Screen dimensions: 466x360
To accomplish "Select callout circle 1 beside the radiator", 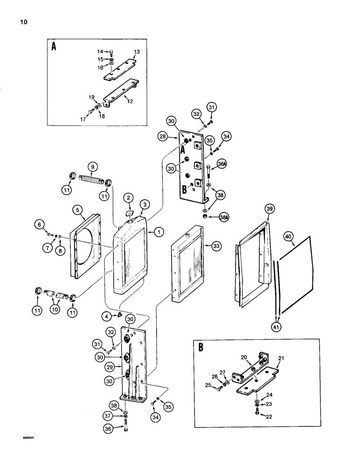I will [x=159, y=231].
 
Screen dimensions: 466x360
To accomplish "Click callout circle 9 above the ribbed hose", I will [x=92, y=166].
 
